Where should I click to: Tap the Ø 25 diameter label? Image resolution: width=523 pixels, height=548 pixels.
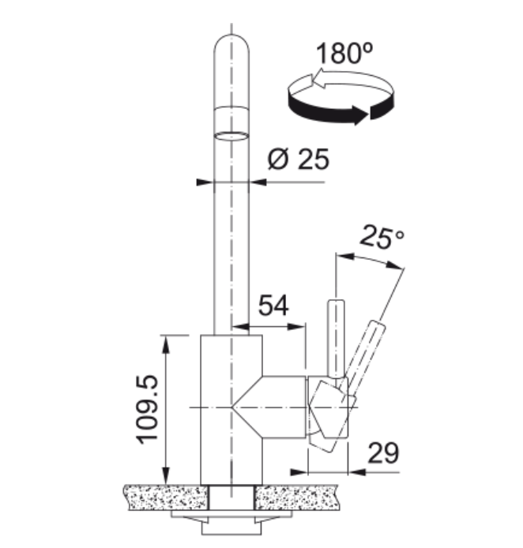[298, 159]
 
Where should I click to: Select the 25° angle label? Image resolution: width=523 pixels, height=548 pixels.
[382, 238]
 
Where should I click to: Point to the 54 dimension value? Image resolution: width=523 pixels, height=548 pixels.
[273, 306]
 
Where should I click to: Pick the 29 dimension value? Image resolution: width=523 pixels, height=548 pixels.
[383, 453]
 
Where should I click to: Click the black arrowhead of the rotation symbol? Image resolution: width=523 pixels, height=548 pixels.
[359, 114]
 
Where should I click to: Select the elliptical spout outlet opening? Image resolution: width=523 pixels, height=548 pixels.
[231, 136]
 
